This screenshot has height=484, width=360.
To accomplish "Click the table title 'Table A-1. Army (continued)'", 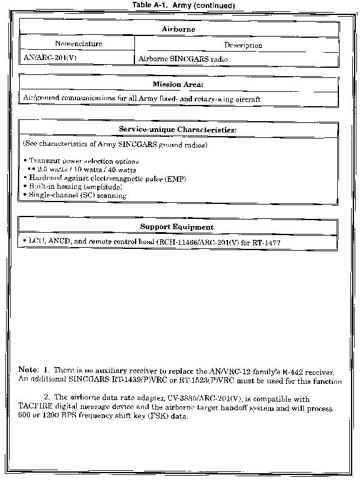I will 180,5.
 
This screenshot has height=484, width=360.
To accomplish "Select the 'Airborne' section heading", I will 178,28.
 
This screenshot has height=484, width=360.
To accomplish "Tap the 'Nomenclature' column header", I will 78,44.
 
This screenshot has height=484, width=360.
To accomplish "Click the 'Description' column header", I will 243,45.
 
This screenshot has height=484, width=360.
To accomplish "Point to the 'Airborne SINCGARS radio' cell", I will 183,59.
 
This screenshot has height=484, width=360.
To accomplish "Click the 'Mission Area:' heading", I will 178,84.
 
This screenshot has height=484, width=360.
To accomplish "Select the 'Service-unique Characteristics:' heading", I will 178,130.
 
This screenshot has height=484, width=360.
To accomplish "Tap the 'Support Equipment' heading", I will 177,227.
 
